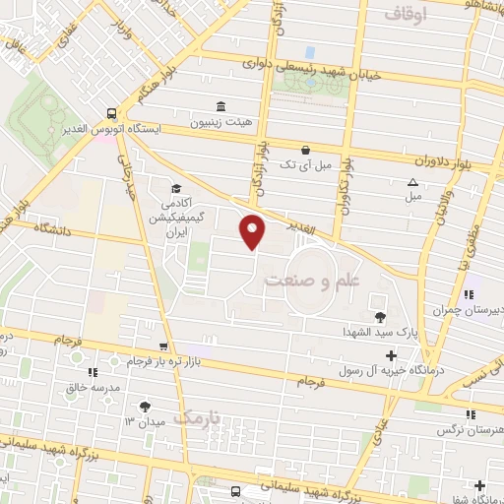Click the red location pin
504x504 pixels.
(253, 231)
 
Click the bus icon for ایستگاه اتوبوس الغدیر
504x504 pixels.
(113, 114)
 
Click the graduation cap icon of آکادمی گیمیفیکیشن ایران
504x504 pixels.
(175, 188)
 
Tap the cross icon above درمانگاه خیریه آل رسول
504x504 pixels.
(392, 354)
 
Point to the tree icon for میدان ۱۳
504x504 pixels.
(146, 406)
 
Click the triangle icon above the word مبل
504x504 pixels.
(412, 182)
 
